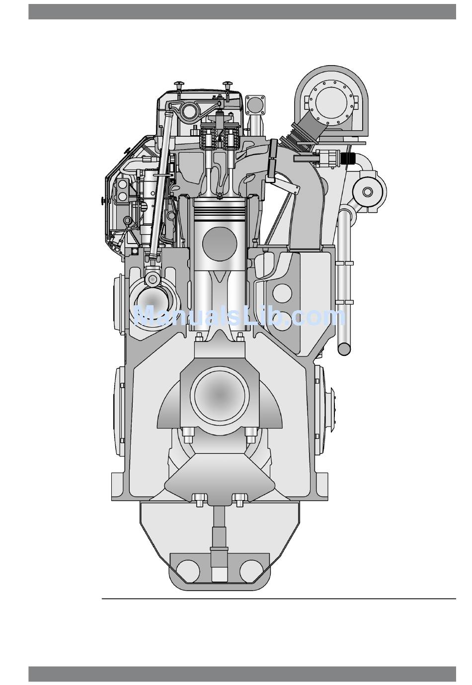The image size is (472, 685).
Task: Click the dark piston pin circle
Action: point(220,244)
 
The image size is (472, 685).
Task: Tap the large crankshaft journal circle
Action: point(220,395)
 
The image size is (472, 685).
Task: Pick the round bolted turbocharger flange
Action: point(332,102)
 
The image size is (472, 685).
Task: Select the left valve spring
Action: point(208,137)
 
